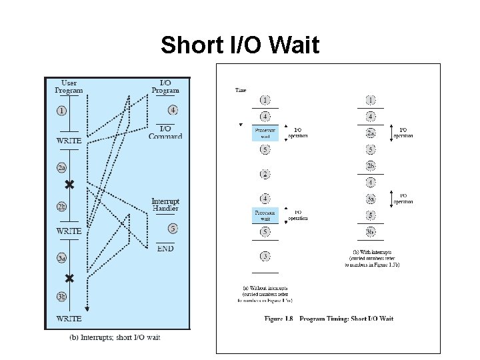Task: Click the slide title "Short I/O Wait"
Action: click(240, 46)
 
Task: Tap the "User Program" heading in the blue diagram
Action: click(69, 86)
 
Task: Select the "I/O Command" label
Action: click(166, 132)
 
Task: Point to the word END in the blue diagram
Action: click(165, 249)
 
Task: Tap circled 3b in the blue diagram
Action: click(61, 297)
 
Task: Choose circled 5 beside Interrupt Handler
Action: click(173, 229)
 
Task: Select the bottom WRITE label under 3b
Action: click(69, 319)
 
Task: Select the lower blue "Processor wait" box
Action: click(265, 215)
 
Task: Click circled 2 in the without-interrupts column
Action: click(265, 174)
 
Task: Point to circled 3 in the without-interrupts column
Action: click(265, 256)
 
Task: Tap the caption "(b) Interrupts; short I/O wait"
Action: click(115, 337)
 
